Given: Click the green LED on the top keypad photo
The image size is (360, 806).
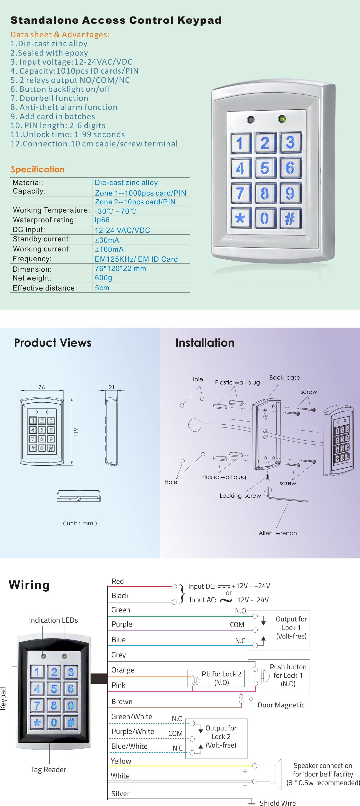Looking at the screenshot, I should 282,119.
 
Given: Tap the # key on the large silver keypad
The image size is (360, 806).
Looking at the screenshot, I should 290,218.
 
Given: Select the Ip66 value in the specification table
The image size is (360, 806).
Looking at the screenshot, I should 102,220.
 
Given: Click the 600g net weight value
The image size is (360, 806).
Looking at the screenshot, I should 103,278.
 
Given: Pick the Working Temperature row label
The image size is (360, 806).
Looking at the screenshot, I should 51,210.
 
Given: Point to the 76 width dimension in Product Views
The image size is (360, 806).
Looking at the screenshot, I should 42,387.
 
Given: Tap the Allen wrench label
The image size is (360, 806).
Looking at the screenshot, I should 277,533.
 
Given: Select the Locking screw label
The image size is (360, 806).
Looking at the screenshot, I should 240,496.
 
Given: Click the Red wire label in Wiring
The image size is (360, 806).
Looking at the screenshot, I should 118,581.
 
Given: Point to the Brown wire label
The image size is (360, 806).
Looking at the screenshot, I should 122,702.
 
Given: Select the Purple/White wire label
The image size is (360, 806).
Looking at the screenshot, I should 133,732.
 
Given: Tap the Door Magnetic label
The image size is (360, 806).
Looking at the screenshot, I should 281,705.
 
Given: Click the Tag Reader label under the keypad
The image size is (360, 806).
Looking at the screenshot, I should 49,770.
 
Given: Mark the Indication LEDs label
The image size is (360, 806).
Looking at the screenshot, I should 53,620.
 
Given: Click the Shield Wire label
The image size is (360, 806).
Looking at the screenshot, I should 277,803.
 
